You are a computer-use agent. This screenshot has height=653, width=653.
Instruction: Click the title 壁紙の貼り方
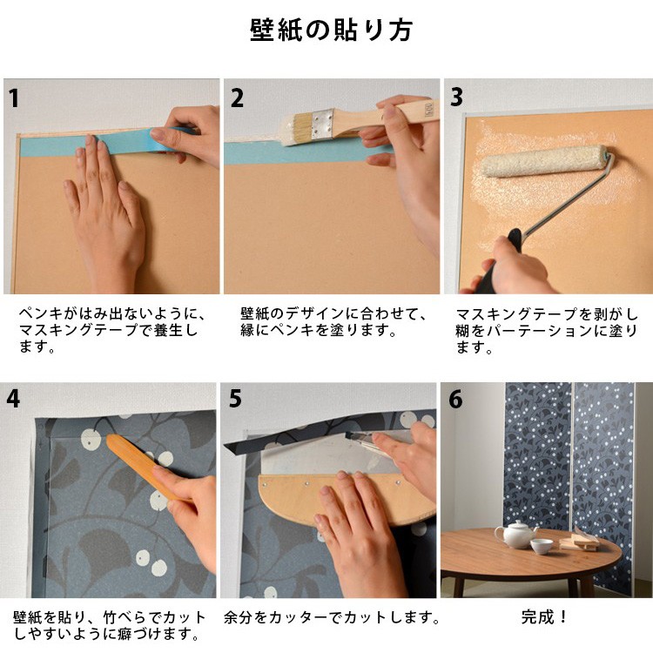331,30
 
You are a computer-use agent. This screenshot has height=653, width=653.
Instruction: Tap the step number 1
14,98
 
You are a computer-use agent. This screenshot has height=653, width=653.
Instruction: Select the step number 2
237,98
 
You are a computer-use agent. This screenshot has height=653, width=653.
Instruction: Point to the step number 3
456,97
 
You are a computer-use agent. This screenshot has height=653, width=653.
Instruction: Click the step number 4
13,399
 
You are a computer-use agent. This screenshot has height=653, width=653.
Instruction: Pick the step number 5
235,399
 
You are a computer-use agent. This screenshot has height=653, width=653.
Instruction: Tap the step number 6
455,399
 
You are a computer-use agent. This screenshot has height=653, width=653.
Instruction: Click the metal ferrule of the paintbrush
323,124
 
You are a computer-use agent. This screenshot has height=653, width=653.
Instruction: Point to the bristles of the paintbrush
297,129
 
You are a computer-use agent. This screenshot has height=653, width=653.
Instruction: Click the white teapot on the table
515,534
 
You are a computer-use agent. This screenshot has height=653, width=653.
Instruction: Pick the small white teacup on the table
542,547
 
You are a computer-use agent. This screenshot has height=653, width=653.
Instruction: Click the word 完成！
544,616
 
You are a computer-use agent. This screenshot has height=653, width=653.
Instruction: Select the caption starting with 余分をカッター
331,617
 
